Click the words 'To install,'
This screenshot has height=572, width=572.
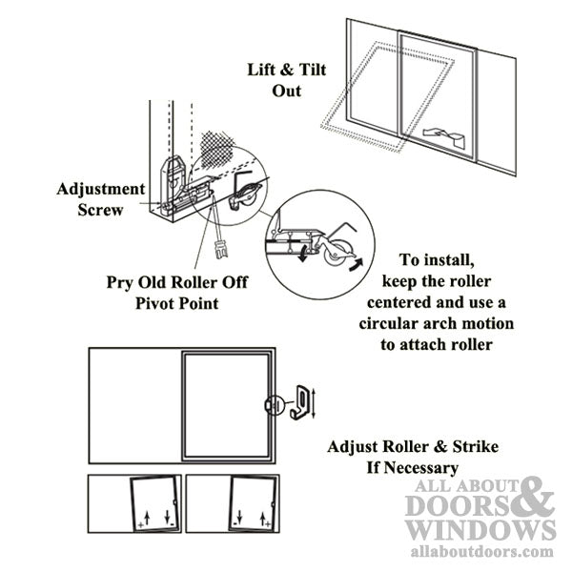pyautogui.click(x=436, y=260)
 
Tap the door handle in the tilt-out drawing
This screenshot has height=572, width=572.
pyautogui.click(x=448, y=134)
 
